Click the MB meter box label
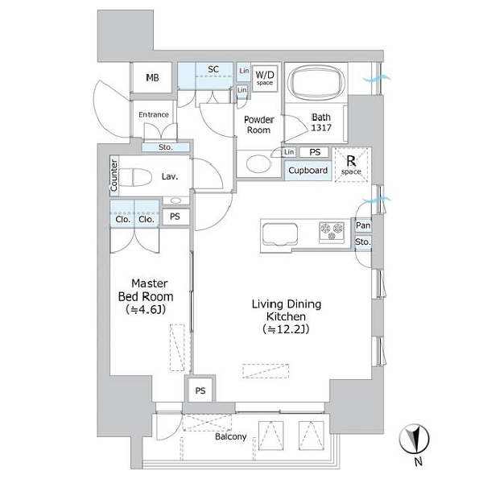point(152,77)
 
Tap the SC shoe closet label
point(213,69)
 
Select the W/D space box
point(265,78)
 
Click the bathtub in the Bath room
point(316,82)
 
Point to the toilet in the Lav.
point(135,177)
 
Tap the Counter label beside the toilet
point(114,175)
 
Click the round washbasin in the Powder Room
point(258,163)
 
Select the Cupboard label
point(308,171)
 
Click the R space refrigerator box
point(351,165)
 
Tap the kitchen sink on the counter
point(280,235)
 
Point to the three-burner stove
point(332,232)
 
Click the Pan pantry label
point(363,225)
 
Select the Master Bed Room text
point(146,290)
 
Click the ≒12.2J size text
point(286,329)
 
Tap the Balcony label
point(231,436)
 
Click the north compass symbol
point(414,439)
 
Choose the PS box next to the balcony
point(200,390)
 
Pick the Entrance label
point(154,114)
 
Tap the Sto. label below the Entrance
point(166,147)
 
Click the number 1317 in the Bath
point(321,127)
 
